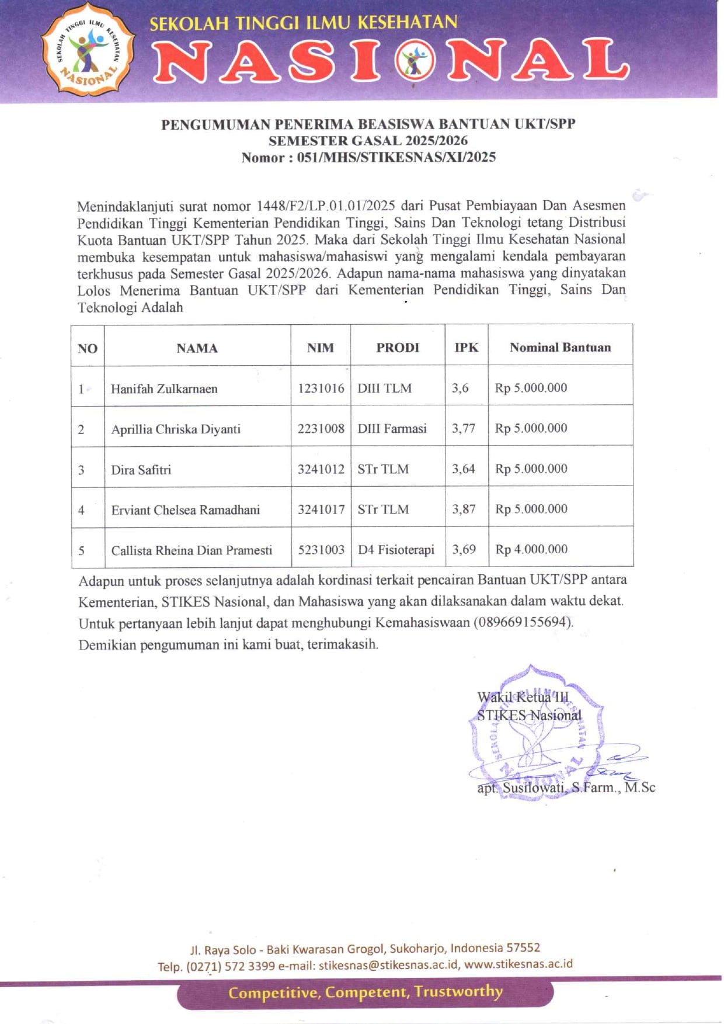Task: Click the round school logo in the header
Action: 88,49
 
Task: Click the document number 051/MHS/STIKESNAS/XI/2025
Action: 396,157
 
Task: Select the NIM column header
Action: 321,348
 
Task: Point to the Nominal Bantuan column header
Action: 560,347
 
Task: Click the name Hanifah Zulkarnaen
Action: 164,388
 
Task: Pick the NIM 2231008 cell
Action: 321,428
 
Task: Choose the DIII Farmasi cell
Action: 392,428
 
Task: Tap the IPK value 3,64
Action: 464,468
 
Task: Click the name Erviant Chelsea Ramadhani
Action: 185,509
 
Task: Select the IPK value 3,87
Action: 464,509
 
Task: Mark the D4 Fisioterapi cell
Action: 396,549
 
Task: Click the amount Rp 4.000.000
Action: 531,549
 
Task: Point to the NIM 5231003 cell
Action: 321,549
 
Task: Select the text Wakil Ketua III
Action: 523,697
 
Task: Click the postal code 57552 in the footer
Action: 523,947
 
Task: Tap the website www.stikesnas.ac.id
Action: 518,964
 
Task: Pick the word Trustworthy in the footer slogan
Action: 459,991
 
